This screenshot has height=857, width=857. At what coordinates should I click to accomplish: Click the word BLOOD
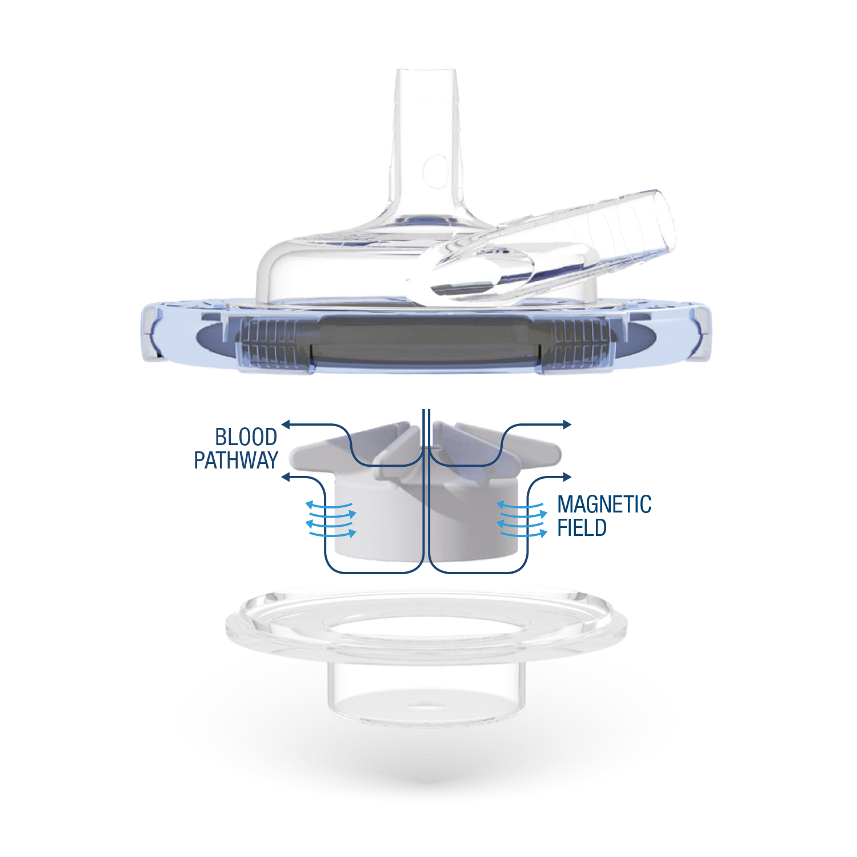(x=246, y=437)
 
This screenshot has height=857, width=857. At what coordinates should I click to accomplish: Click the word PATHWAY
(x=236, y=460)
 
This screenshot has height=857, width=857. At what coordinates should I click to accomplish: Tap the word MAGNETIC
(x=604, y=504)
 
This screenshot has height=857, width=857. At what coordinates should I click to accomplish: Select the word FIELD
(x=582, y=527)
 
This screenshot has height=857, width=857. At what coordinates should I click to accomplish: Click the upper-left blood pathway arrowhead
(x=286, y=425)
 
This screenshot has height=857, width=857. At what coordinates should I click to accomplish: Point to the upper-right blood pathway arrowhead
(x=567, y=425)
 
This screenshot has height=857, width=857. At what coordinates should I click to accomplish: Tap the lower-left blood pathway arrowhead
(x=286, y=476)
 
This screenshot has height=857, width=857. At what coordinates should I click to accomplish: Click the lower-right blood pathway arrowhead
(x=567, y=476)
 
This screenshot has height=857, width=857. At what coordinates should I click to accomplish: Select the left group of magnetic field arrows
(x=331, y=519)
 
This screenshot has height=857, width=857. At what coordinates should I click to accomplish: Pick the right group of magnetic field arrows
(x=522, y=519)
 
